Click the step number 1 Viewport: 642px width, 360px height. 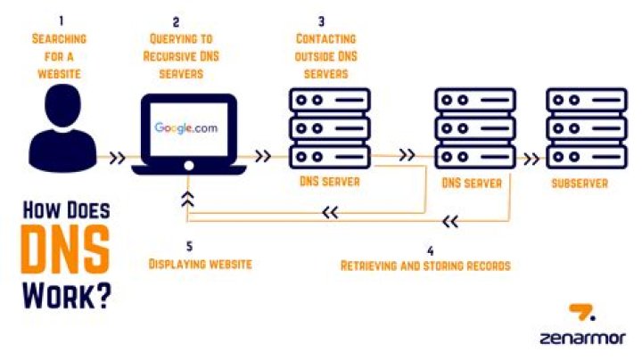(60, 19)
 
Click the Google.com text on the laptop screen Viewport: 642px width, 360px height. (185, 128)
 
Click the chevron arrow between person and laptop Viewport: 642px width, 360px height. (116, 159)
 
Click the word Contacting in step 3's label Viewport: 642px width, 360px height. (325, 39)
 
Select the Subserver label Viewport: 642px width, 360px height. (579, 184)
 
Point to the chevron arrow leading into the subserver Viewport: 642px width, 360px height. (531, 159)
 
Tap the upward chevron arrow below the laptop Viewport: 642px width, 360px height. (187, 198)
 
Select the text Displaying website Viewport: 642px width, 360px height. (200, 265)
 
